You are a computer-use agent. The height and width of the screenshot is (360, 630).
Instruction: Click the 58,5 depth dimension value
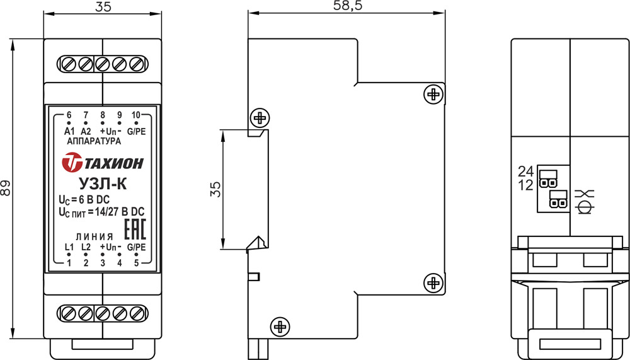348,6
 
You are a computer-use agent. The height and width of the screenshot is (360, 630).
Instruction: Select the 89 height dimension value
5,188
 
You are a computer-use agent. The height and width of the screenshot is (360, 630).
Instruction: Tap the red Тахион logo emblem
72,163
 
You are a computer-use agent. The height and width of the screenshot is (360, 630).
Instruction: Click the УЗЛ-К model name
103,184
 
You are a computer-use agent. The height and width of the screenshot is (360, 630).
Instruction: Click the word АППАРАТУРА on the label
94,141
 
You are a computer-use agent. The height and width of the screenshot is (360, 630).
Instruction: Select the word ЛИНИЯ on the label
94,237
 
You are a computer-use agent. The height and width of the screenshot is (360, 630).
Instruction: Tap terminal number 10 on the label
136,115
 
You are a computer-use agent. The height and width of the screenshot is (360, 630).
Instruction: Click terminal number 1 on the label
69,263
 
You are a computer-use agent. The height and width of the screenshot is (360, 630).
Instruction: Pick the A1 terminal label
69,132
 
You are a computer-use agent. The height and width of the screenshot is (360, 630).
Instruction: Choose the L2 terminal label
86,247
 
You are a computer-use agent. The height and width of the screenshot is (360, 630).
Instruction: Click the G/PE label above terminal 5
136,247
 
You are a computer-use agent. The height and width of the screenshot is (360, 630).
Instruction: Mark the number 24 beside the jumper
525,171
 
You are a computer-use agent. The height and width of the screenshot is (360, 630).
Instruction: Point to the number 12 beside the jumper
525,185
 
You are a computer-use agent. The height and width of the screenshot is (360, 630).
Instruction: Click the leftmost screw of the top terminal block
68,64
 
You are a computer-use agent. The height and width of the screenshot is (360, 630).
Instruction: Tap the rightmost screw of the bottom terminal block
137,313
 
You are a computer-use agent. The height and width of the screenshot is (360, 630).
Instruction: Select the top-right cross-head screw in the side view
433,95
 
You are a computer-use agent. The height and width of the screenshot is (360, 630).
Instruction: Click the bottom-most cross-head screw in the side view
280,326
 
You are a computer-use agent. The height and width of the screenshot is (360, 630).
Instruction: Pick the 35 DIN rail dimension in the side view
215,189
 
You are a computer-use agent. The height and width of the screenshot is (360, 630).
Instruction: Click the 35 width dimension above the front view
103,7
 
